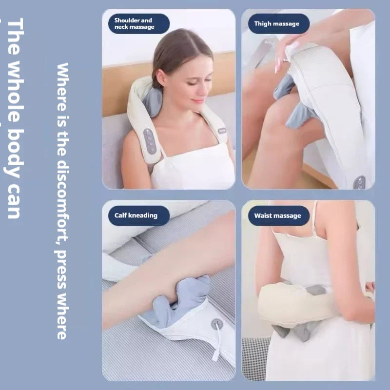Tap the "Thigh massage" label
click(x=276, y=23)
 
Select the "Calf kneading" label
click(x=136, y=215)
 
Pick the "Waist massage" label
click(x=278, y=215)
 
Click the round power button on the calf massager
click(x=217, y=324)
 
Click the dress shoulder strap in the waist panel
click(x=314, y=214)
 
